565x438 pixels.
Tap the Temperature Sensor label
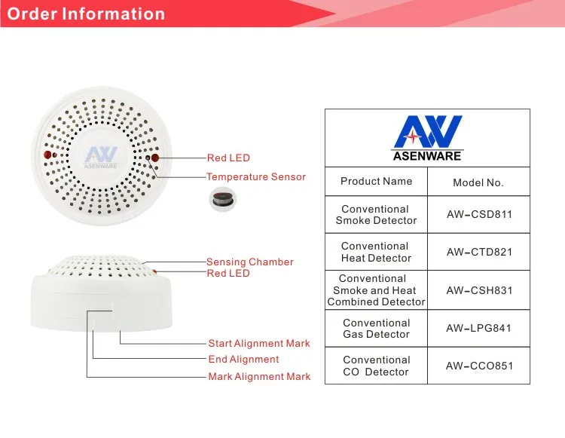click(x=256, y=177)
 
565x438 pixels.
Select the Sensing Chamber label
click(x=249, y=262)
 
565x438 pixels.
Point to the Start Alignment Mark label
click(x=259, y=344)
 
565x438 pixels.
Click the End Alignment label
click(x=243, y=360)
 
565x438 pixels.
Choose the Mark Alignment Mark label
click(x=259, y=376)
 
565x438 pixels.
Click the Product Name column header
click(x=376, y=182)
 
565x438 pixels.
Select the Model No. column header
click(x=478, y=182)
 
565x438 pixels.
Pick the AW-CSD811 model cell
click(x=479, y=215)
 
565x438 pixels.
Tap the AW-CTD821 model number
click(x=479, y=252)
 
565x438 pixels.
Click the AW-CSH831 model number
click(x=479, y=290)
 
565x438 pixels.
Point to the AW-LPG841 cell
click(x=479, y=328)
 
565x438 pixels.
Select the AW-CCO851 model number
click(x=479, y=366)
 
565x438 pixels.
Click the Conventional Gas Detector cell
click(x=376, y=329)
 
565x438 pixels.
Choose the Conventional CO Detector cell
click(x=376, y=366)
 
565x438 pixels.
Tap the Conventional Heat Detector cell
click(x=376, y=252)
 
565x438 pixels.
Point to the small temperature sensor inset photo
click(x=220, y=198)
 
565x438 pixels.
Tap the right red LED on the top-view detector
click(x=155, y=158)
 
